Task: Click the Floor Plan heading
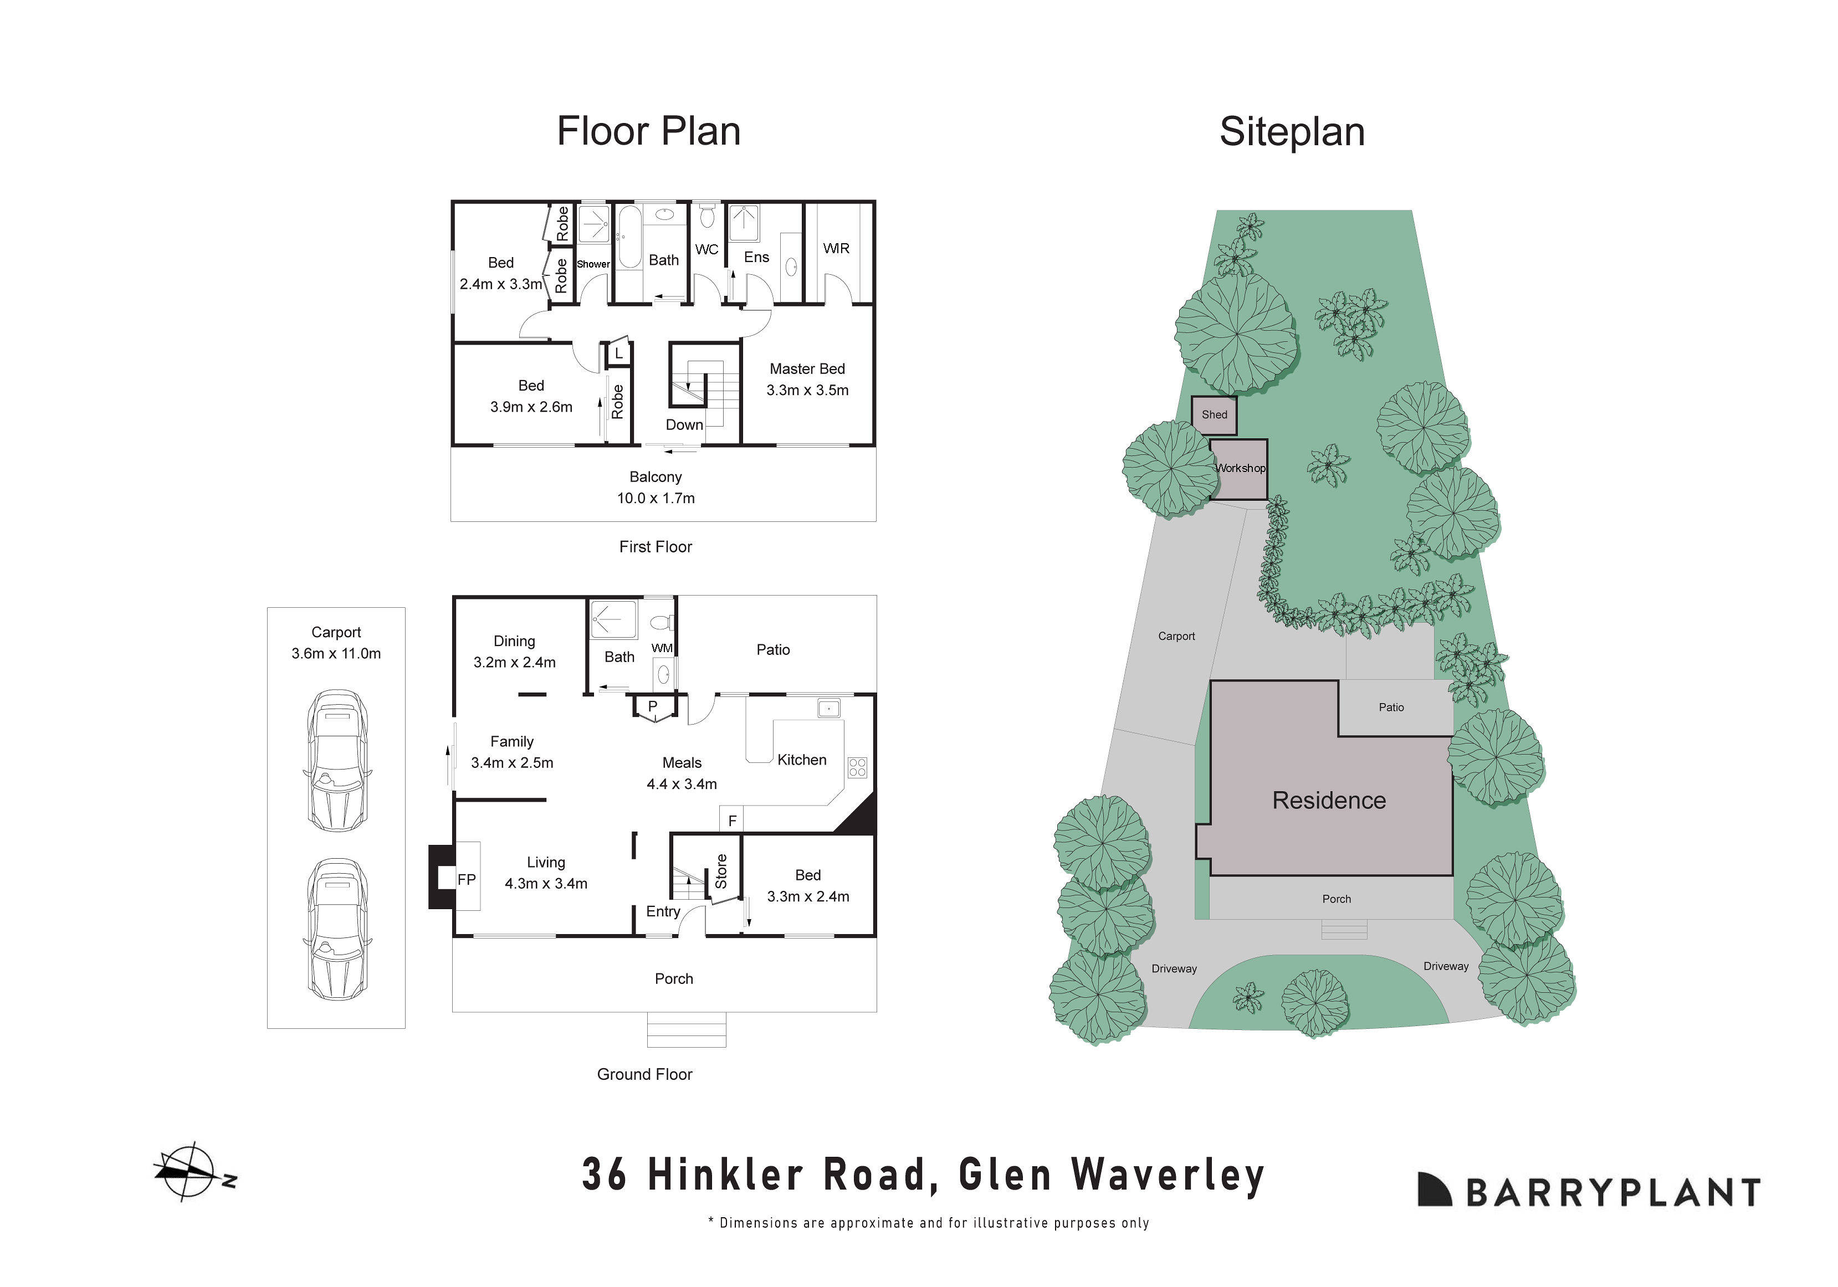tap(648, 131)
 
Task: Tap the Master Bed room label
tap(807, 369)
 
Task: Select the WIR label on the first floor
tap(836, 248)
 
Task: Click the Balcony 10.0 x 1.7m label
tap(655, 486)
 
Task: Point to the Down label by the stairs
tap(684, 425)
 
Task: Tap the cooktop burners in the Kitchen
tap(857, 767)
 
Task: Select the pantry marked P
tap(652, 707)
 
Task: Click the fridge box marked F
tap(731, 821)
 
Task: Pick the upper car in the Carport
tap(337, 760)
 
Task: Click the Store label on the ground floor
tap(720, 871)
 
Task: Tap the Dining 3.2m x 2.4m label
tap(514, 652)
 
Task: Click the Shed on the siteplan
tap(1214, 414)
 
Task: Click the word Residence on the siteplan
tap(1329, 801)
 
